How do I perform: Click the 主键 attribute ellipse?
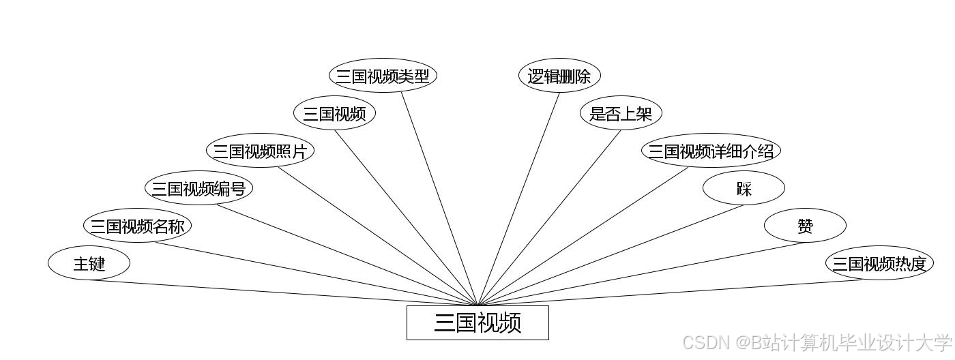tap(89, 263)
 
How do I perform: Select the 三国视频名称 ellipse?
tap(137, 226)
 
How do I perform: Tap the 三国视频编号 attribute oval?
tap(199, 188)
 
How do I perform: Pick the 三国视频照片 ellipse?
tap(260, 151)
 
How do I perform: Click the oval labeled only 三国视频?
tap(334, 113)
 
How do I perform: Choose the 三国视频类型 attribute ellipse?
tap(383, 76)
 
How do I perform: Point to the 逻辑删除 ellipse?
tap(559, 76)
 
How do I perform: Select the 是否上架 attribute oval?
tap(621, 113)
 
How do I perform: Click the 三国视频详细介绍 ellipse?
tap(711, 151)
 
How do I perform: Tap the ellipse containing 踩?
tap(744, 188)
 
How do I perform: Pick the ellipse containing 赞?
tap(805, 226)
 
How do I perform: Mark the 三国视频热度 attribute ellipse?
tap(879, 263)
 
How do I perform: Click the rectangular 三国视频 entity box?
tap(477, 322)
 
